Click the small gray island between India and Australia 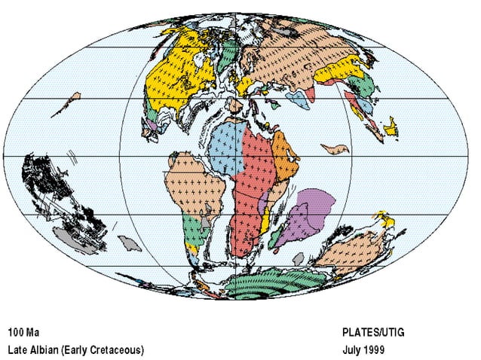coord(299,258)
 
